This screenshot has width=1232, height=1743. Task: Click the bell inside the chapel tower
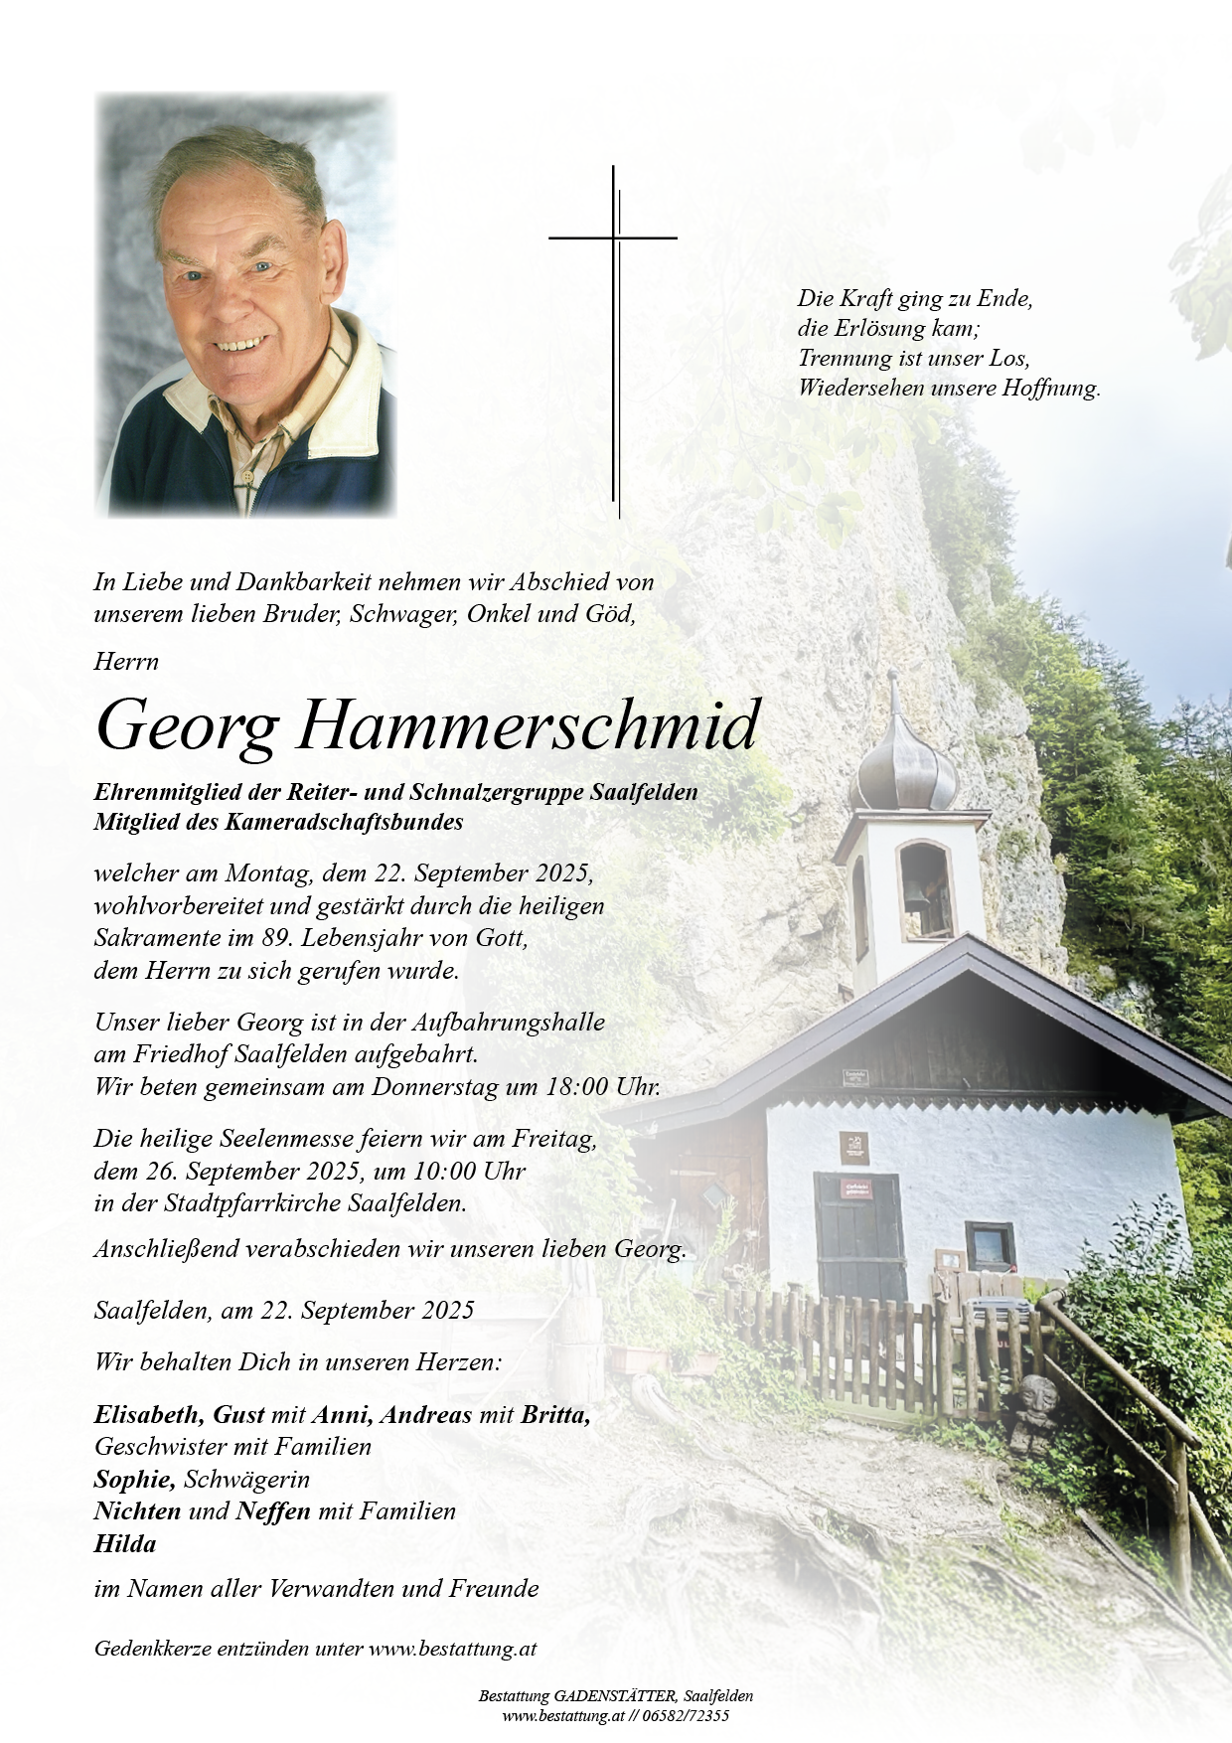tap(914, 891)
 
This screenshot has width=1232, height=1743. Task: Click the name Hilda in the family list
tap(125, 1543)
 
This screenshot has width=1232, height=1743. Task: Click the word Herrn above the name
tap(126, 661)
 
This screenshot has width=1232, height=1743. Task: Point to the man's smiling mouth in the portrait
tap(242, 345)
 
